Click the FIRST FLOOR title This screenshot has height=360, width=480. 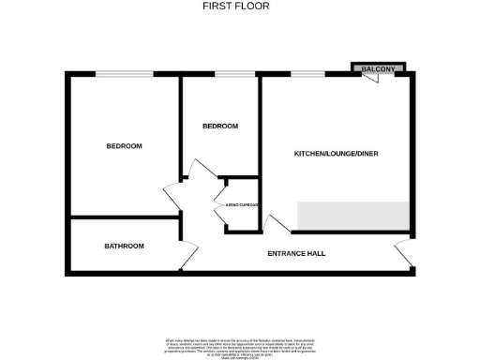point(239,6)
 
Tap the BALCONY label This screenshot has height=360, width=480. point(378,68)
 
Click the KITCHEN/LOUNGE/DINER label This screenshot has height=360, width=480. point(337,152)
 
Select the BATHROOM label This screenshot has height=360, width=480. point(124,246)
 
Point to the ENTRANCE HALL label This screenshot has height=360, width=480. point(296,253)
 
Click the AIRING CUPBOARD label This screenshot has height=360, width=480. point(242,204)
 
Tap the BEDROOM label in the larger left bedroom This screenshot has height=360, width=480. point(124,145)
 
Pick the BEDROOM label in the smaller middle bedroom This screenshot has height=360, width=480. point(220,126)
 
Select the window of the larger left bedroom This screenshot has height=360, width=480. point(123,74)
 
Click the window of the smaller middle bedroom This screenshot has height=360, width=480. point(234,74)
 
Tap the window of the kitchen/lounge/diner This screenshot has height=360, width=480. point(302,74)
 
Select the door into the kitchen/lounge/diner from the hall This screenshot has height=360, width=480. point(273,225)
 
